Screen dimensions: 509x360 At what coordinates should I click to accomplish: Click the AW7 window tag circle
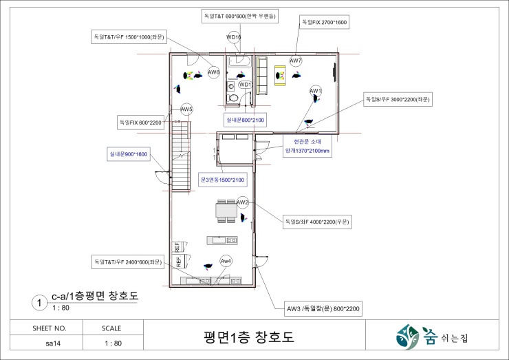(x=295, y=61)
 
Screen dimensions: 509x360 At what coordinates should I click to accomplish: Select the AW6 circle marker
(x=214, y=72)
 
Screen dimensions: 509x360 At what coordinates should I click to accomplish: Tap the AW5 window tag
(x=186, y=109)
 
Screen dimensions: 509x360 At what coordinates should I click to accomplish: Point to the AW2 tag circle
(x=243, y=202)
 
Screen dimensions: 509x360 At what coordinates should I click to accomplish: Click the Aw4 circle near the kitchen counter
(x=226, y=261)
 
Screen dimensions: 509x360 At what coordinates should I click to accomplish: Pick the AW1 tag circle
(x=316, y=91)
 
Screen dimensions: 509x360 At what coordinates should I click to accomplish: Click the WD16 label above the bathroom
(x=234, y=37)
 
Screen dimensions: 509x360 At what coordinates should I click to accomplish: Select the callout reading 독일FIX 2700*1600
(x=324, y=22)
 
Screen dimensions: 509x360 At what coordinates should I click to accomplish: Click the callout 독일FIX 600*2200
(x=140, y=123)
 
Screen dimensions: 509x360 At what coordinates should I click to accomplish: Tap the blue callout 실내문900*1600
(x=129, y=154)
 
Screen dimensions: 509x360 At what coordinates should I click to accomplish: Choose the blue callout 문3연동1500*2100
(x=223, y=180)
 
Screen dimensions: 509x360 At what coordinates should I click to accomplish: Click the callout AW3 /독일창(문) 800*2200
(x=323, y=308)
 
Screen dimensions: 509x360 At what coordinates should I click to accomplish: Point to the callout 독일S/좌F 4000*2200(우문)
(x=317, y=222)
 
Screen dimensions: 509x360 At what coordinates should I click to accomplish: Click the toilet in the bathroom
(x=233, y=97)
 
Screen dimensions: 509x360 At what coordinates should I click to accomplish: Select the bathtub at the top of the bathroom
(x=240, y=61)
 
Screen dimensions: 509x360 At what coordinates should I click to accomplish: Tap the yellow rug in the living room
(x=280, y=76)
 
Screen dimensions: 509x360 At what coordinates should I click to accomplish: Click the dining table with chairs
(x=226, y=211)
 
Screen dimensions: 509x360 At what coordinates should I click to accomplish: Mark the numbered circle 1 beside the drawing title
(x=40, y=303)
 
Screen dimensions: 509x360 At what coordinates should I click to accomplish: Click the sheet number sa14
(x=53, y=343)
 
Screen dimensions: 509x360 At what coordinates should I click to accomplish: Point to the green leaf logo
(x=408, y=337)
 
